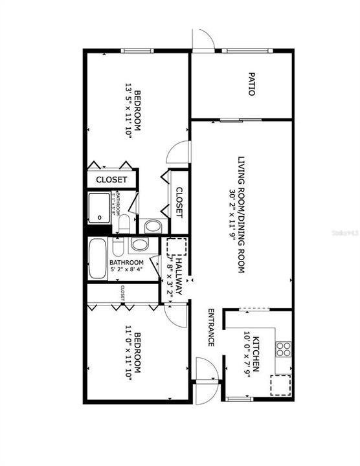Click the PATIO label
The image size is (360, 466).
(x=251, y=88)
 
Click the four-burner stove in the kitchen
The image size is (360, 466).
(x=284, y=349)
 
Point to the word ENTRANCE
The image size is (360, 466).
(x=210, y=327)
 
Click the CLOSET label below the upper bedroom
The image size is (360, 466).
(x=112, y=180)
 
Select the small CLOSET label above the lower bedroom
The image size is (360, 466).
(x=122, y=293)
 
